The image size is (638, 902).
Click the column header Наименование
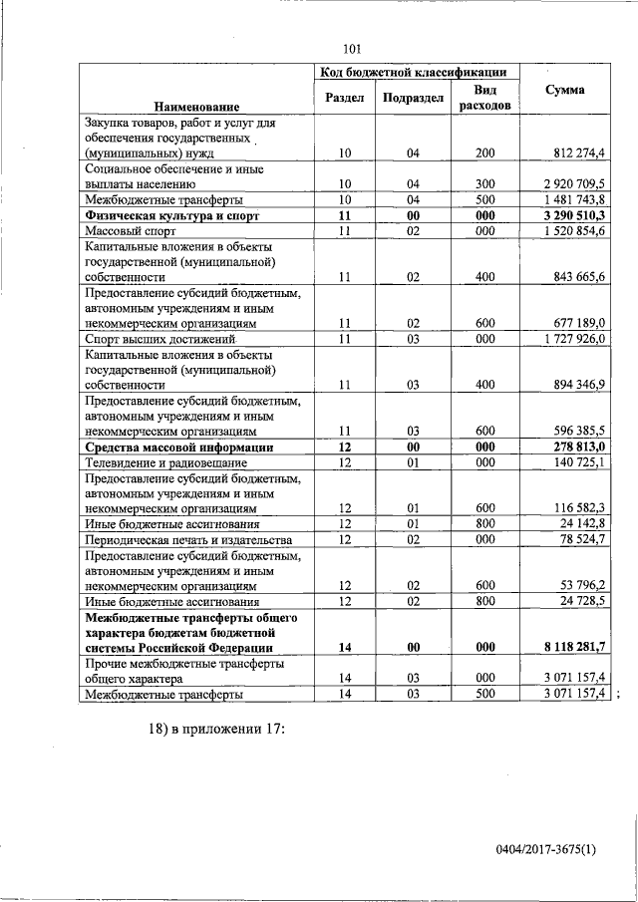tap(196, 106)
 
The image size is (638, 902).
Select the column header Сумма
tap(565, 91)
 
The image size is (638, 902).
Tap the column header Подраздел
tap(413, 98)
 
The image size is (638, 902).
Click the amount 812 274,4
tap(579, 152)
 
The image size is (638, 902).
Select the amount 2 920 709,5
tap(577, 184)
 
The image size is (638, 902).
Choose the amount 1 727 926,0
tap(577, 339)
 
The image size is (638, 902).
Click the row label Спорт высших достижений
tap(157, 339)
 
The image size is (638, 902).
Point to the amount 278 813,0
tap(581, 448)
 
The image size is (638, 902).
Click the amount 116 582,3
tap(581, 508)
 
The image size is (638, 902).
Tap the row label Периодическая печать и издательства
tap(185, 539)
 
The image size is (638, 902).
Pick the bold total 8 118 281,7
tap(576, 648)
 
